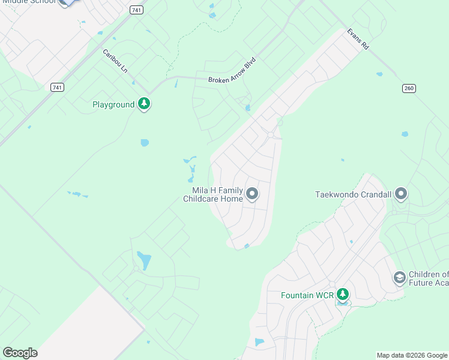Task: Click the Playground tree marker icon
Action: pyautogui.click(x=143, y=104)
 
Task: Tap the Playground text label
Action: pyautogui.click(x=113, y=105)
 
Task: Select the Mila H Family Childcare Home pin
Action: pyautogui.click(x=252, y=194)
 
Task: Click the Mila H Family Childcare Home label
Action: pyautogui.click(x=213, y=194)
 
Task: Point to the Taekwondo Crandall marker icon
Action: pyautogui.click(x=402, y=194)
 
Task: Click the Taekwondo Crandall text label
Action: pyautogui.click(x=354, y=195)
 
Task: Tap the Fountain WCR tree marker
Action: pyautogui.click(x=342, y=295)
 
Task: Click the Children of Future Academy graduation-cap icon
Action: pyautogui.click(x=399, y=278)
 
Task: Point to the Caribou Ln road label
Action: pyautogui.click(x=115, y=61)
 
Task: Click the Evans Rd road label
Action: pyautogui.click(x=357, y=39)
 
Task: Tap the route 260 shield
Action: pyautogui.click(x=409, y=88)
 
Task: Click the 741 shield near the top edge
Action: pyautogui.click(x=137, y=10)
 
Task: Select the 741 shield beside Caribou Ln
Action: pyautogui.click(x=57, y=88)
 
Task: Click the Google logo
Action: pyautogui.click(x=20, y=353)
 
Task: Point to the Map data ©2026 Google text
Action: pyautogui.click(x=412, y=355)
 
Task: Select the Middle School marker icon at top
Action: pyautogui.click(x=66, y=2)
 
